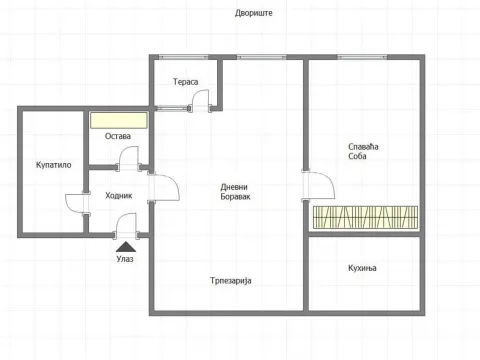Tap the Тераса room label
[185, 81]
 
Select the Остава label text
[119, 136]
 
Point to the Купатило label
[52, 165]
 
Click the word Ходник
[119, 195]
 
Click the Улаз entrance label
[125, 258]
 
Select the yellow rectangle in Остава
[119, 120]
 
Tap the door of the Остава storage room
[129, 158]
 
